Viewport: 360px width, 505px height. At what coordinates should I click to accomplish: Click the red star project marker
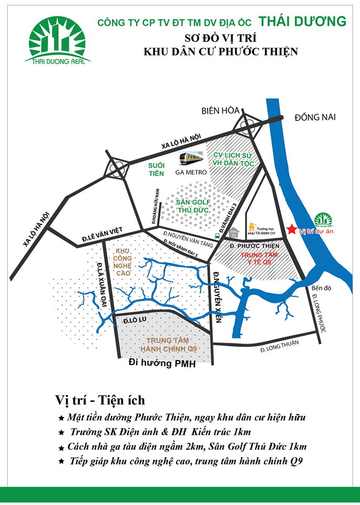point(292,229)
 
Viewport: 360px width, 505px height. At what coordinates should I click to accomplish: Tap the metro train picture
point(191,158)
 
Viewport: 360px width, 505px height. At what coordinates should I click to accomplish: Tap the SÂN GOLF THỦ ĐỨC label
point(193,206)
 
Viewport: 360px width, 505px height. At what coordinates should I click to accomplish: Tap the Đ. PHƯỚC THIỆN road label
point(254,246)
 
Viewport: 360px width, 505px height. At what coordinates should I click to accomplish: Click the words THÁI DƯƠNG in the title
point(303,22)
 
